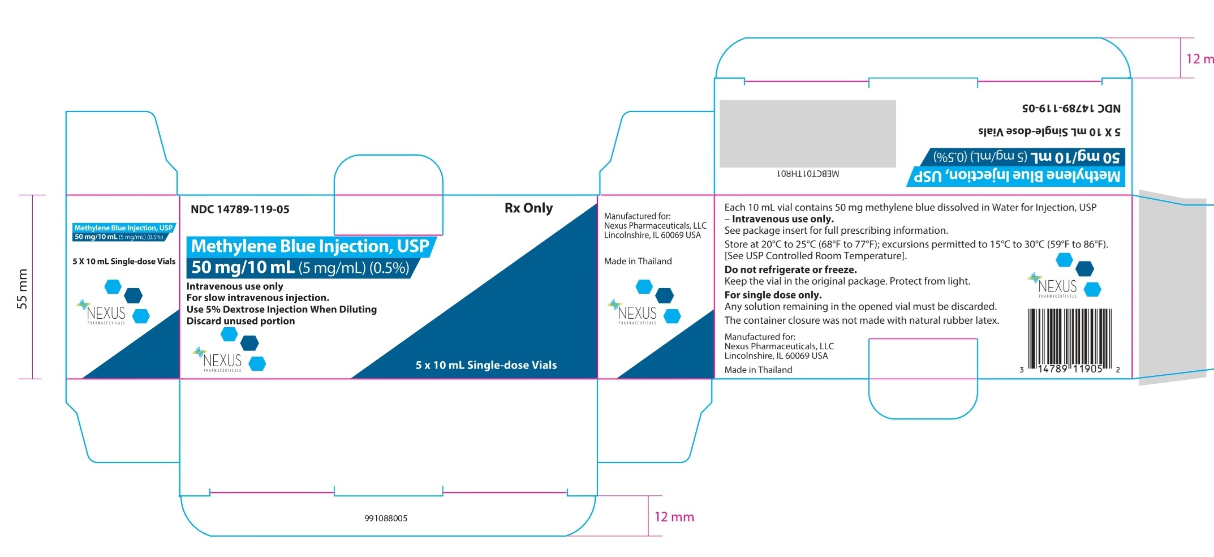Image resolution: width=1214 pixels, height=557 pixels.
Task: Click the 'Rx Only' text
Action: [x=528, y=208]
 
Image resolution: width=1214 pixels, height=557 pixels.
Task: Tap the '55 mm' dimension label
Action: [x=22, y=289]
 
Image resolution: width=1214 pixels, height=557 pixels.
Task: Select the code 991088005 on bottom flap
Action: [x=386, y=518]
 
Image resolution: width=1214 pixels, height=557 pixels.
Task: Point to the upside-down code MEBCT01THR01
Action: [x=808, y=174]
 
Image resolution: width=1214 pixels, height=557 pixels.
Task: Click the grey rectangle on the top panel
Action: [x=807, y=134]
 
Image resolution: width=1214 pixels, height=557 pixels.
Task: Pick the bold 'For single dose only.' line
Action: [x=773, y=295]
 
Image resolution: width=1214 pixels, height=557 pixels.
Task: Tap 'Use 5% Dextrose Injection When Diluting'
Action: [x=281, y=309]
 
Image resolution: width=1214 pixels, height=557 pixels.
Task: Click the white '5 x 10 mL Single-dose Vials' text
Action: [x=486, y=365]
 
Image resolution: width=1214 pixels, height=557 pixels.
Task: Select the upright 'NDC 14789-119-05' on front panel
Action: [x=240, y=209]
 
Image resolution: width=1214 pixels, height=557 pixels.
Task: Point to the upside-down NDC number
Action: [x=1071, y=108]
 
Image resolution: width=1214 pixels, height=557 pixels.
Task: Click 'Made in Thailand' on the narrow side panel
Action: [x=638, y=261]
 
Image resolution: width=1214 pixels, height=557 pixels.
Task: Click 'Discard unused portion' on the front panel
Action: [x=240, y=321]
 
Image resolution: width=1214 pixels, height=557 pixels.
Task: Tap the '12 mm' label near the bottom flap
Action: [x=674, y=517]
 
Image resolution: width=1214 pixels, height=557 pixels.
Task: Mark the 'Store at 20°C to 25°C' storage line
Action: [x=916, y=245]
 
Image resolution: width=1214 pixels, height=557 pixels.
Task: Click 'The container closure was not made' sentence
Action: [x=862, y=320]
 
